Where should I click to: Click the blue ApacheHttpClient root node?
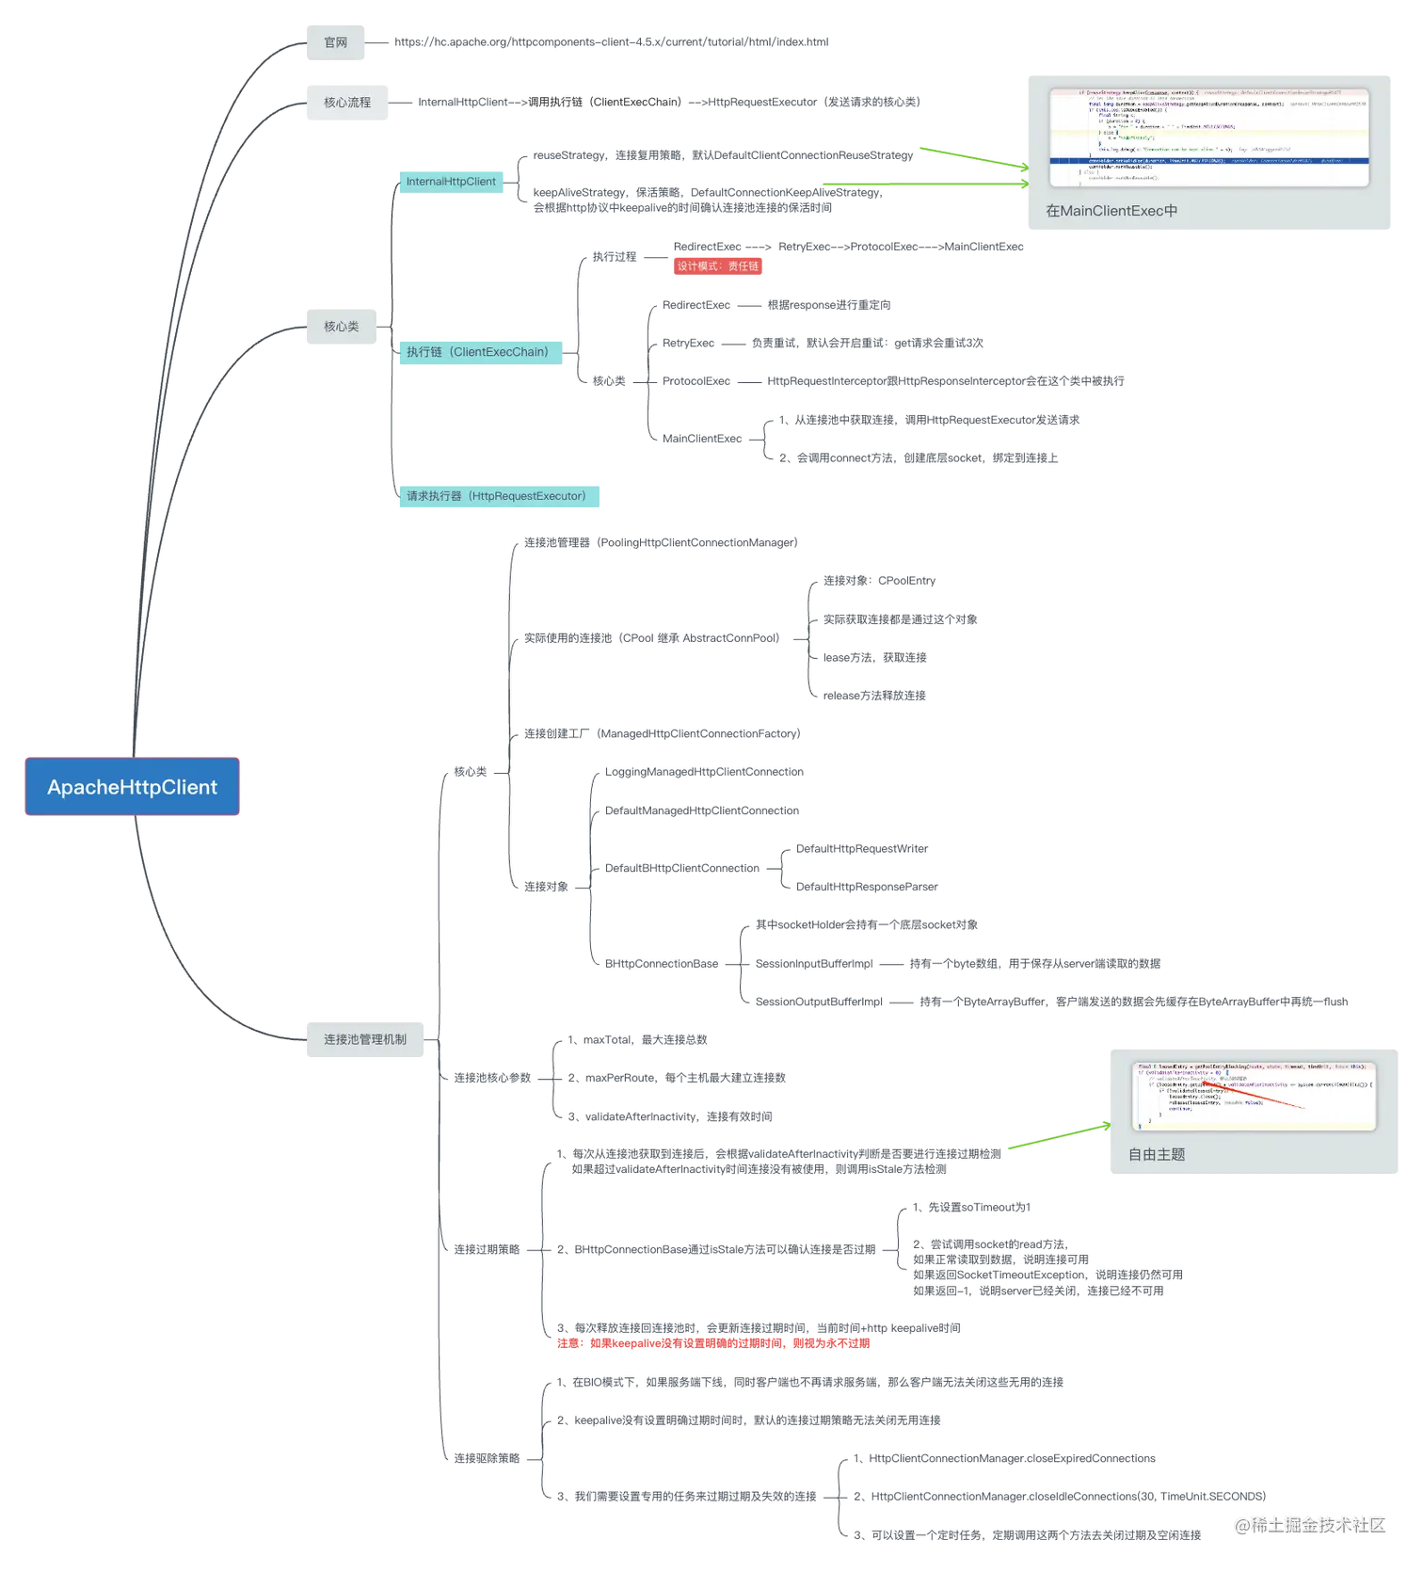132,787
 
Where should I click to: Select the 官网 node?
335,43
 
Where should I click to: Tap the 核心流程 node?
346,104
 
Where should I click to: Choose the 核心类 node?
341,327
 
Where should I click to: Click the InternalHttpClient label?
451,182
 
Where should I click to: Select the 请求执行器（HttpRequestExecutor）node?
499,496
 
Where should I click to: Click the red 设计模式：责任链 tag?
718,266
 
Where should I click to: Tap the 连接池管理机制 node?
365,1039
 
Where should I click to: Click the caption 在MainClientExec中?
1111,211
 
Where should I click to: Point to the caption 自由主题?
1157,1155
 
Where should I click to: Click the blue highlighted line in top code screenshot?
1208,161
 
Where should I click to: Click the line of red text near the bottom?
715,1344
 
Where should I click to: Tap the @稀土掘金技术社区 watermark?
1310,1524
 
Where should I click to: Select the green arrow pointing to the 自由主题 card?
1059,1135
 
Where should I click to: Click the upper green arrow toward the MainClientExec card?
974,159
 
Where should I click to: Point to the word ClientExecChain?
500,352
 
